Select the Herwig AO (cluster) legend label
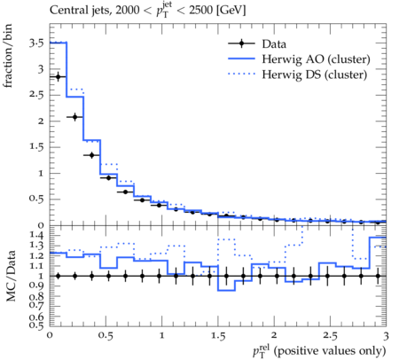(316, 59)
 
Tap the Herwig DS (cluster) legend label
(315, 74)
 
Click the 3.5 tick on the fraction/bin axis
(36, 43)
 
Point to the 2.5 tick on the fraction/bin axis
(36, 95)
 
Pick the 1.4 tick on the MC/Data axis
(36, 235)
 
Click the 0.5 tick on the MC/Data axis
(36, 325)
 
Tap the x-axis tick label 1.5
(218, 336)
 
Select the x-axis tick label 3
(386, 336)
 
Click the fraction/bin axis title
(8, 56)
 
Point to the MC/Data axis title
(11, 276)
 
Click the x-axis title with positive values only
(319, 351)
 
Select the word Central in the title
(66, 11)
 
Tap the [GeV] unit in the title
(231, 11)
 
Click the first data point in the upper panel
(58, 77)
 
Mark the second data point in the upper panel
(74, 117)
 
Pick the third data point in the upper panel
(91, 155)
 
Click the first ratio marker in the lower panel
(58, 276)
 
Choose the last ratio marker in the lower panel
(378, 276)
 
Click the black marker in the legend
(241, 43)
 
